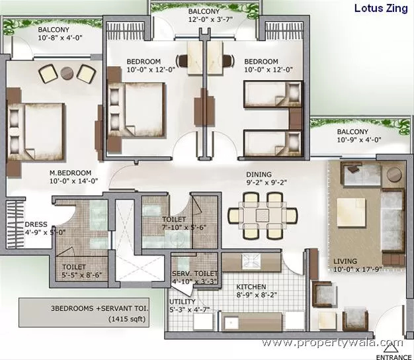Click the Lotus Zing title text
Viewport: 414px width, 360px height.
tap(381, 9)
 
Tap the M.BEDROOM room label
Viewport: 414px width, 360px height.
tap(71, 173)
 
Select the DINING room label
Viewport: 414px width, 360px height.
tap(259, 174)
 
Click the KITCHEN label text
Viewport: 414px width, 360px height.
tap(251, 287)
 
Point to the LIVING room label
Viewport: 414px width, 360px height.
tap(345, 261)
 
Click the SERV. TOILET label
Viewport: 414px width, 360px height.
tap(194, 273)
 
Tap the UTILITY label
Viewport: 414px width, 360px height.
tap(182, 302)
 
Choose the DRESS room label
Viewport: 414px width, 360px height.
tap(36, 224)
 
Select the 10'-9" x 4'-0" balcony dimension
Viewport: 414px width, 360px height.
tap(359, 140)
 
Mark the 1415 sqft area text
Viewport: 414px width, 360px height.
tap(127, 319)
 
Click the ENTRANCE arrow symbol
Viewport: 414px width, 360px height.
tap(390, 349)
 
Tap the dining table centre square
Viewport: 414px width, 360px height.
tap(263, 215)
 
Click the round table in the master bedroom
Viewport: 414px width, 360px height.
tap(67, 73)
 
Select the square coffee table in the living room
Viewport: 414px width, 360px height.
tap(351, 210)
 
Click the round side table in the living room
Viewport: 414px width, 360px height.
tap(394, 175)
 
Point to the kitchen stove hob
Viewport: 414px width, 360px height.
tap(251, 261)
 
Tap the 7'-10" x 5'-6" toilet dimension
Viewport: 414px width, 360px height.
tap(184, 227)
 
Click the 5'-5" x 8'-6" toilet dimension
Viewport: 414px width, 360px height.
tap(82, 275)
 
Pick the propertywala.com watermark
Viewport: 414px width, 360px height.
tap(333, 343)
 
